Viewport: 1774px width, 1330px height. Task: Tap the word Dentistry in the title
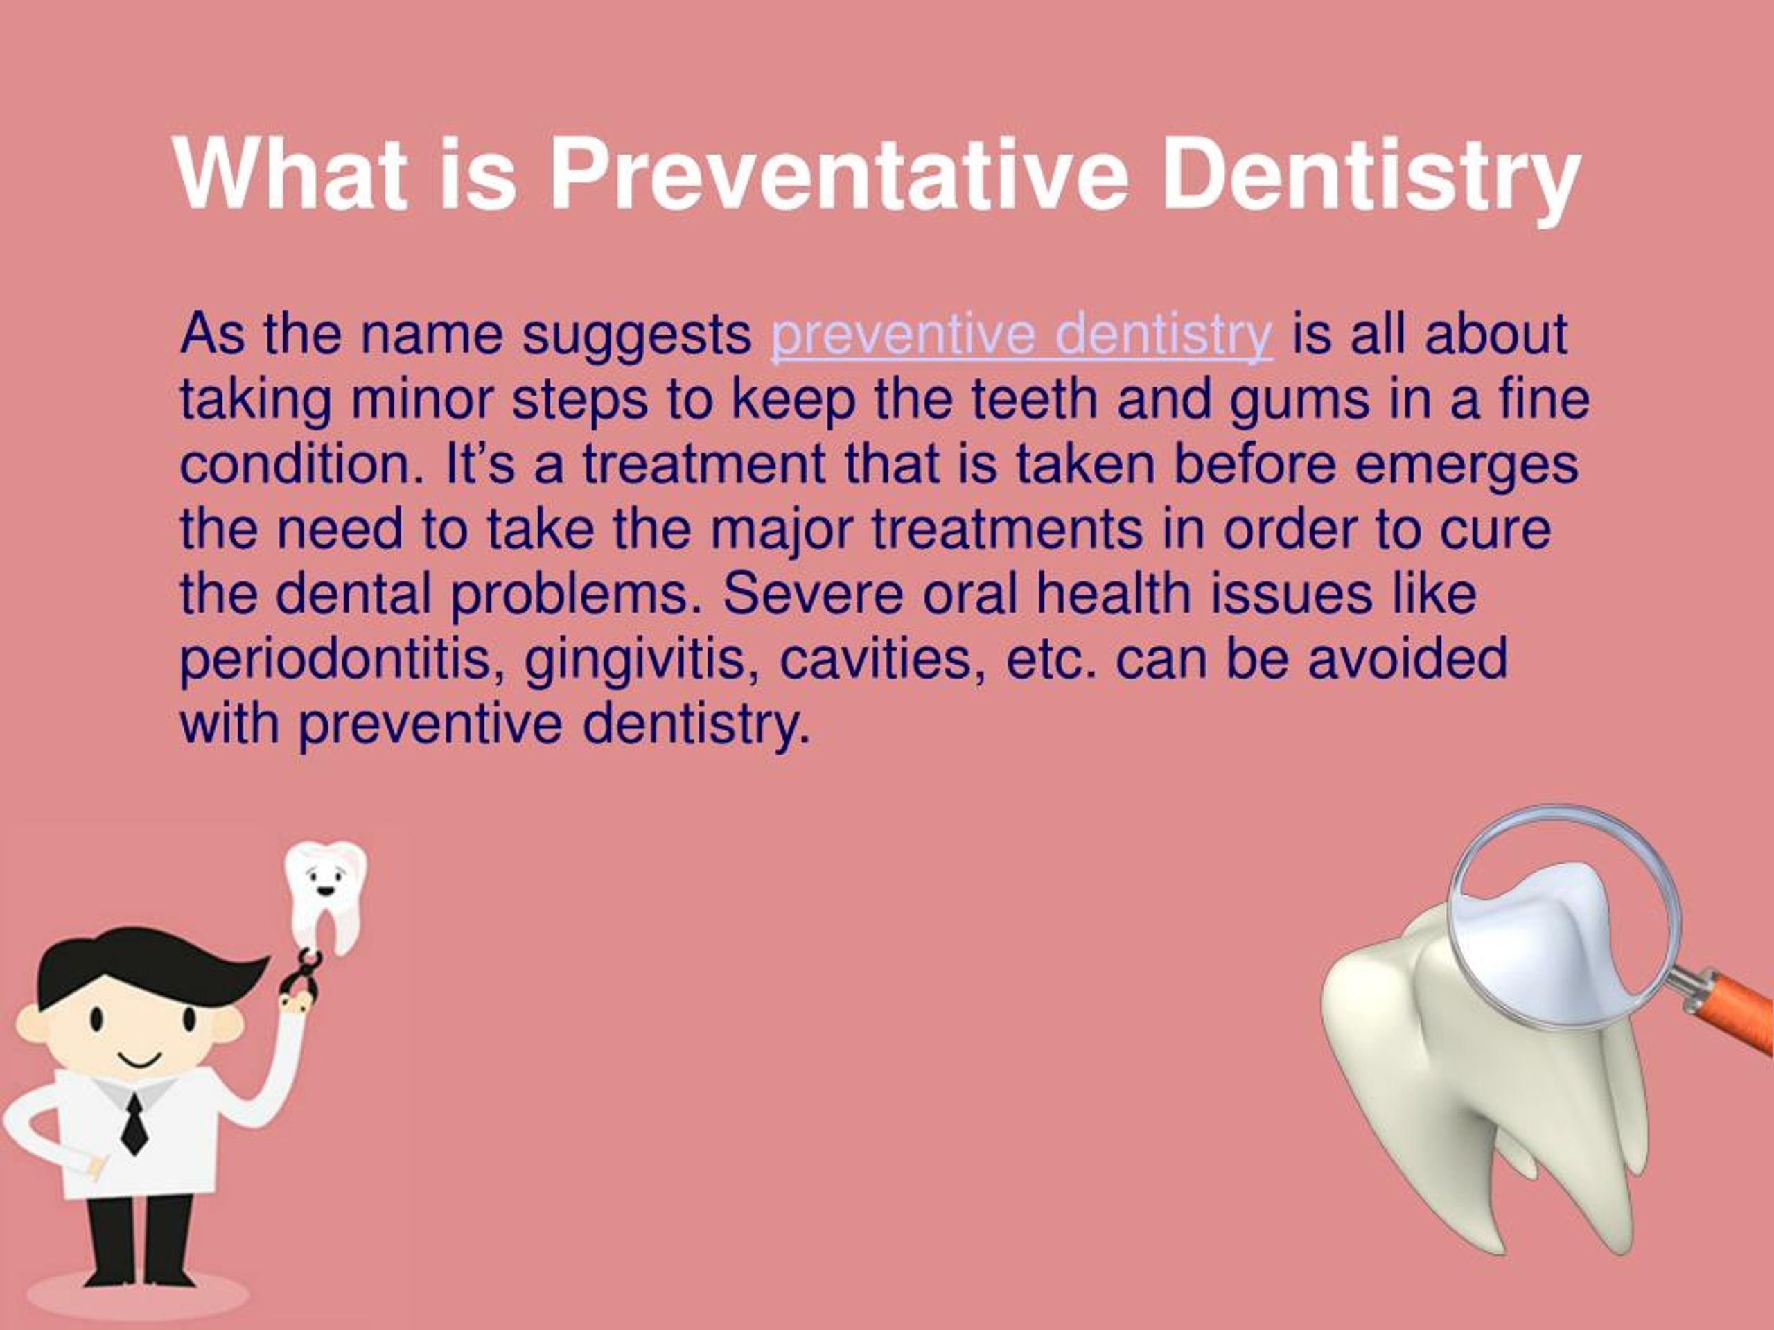coord(1371,180)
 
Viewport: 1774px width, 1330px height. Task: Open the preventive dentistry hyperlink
coord(1021,336)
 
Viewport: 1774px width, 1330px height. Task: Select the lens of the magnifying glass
coord(1565,916)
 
